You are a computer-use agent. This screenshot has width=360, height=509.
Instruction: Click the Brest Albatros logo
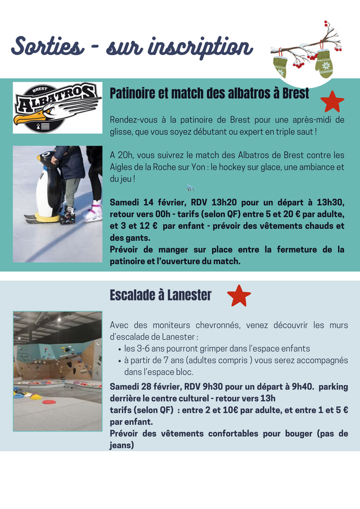[57, 107]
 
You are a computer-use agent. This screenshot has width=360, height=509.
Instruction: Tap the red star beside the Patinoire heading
[332, 101]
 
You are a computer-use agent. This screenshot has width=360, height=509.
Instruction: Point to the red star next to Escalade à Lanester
[239, 295]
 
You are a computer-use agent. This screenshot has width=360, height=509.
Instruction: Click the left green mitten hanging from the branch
[281, 66]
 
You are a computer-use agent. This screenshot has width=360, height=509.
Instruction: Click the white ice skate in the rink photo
[93, 213]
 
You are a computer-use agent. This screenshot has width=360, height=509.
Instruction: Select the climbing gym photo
[57, 371]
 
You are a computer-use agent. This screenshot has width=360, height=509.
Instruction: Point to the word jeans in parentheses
[121, 445]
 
